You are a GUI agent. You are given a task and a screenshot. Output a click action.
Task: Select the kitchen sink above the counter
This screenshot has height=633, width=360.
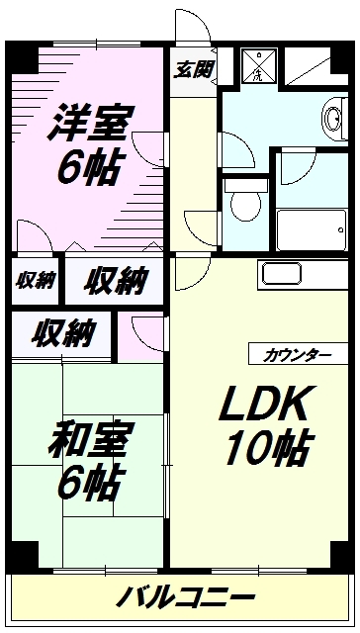point(282,274)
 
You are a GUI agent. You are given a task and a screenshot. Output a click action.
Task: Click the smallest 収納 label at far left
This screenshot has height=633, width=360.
point(35,280)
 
